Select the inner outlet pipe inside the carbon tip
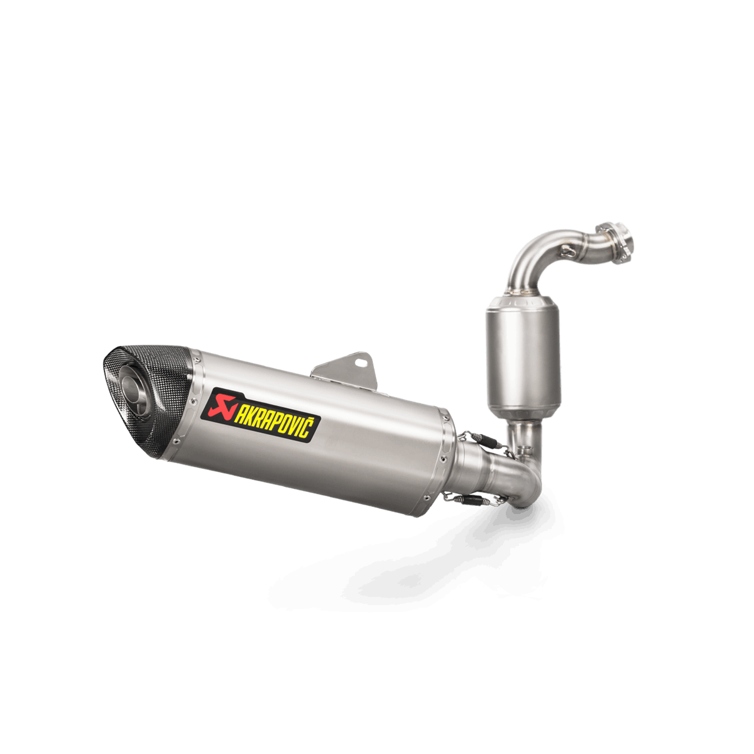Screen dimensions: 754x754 click(x=135, y=390)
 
